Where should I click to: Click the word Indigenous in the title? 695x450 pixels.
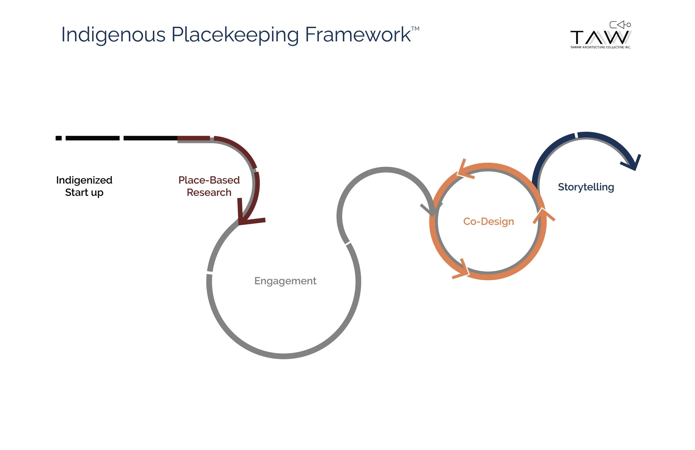click(113, 35)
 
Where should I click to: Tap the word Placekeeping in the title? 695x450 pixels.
click(235, 35)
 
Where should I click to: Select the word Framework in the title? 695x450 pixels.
click(358, 35)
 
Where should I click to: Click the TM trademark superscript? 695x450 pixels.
click(415, 29)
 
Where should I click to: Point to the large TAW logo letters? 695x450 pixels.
click(600, 37)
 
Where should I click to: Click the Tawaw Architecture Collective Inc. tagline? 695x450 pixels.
click(600, 47)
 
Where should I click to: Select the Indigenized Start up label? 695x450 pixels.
click(84, 186)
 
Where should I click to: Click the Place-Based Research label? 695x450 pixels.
click(209, 186)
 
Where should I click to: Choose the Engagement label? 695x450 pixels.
click(285, 281)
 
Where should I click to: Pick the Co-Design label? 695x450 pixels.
click(488, 221)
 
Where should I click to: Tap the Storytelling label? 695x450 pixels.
click(586, 187)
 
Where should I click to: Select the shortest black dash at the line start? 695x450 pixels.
click(58, 138)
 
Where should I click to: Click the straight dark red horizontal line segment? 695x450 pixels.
click(193, 138)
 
